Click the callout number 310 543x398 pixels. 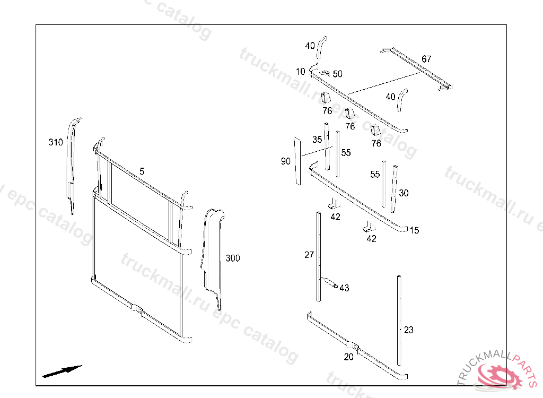tap(55, 142)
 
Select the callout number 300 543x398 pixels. tap(233, 258)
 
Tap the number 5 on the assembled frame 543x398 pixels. tap(142, 171)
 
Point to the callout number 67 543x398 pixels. tap(427, 59)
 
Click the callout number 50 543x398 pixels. tap(338, 74)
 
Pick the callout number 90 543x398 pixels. tap(286, 161)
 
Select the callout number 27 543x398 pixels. tap(309, 255)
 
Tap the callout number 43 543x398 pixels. tap(345, 288)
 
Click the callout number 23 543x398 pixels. tap(408, 330)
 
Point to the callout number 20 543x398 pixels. tap(348, 357)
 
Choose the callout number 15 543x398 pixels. tap(414, 230)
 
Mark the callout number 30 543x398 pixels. tap(404, 193)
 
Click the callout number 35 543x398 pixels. tap(317, 140)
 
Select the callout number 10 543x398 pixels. tap(301, 72)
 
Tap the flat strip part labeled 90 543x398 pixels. tap(297, 161)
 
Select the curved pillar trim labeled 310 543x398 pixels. tap(71, 165)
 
